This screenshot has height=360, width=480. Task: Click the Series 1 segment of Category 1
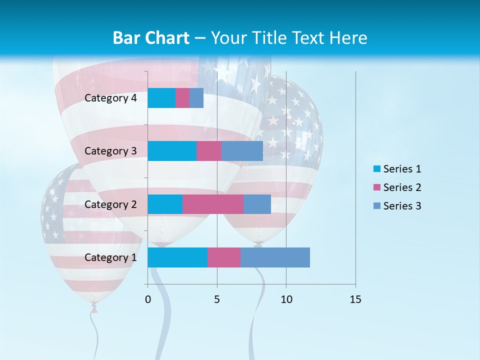[x=177, y=257]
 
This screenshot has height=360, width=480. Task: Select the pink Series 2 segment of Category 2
[x=212, y=204]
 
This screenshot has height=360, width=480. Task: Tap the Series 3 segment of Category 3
[x=242, y=151]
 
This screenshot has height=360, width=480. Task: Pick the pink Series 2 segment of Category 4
[x=182, y=98]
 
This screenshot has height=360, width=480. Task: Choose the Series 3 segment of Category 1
[x=275, y=257]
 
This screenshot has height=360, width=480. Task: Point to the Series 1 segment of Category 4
[x=161, y=98]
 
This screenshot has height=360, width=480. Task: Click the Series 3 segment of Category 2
[x=257, y=204]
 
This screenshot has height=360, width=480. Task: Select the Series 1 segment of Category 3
[x=172, y=151]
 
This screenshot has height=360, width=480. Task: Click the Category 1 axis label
[x=110, y=257]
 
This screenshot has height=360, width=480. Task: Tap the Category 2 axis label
[x=110, y=204]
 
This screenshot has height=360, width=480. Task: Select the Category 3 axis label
[x=110, y=151]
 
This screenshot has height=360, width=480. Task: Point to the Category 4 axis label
[x=110, y=98]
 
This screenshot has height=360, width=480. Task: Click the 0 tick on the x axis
[x=148, y=299]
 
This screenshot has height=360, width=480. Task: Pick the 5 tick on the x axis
[x=217, y=299]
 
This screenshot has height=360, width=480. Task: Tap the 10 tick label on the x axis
[x=286, y=299]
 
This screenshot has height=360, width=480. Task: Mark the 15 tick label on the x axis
[x=355, y=299]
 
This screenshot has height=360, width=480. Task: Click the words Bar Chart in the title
[x=151, y=38]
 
